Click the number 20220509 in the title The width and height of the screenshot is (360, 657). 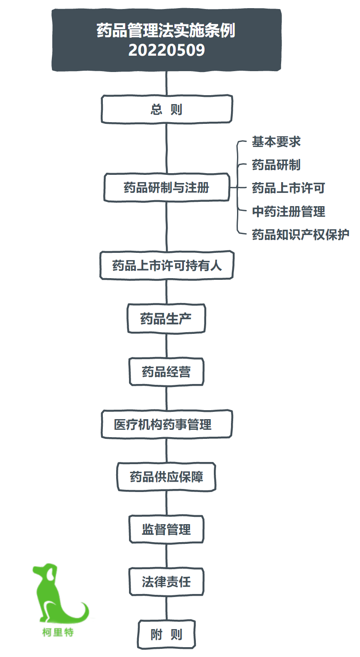click(x=166, y=50)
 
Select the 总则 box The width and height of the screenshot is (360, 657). click(x=167, y=109)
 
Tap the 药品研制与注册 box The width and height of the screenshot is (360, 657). click(x=167, y=187)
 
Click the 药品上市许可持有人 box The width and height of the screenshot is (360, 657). click(x=167, y=265)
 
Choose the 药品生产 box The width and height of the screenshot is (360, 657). click(x=166, y=318)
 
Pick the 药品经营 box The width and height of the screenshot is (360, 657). click(x=166, y=372)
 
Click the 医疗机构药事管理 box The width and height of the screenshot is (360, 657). click(x=167, y=424)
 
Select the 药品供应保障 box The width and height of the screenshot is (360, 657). click(x=166, y=477)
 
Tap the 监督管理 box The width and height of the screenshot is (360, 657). click(x=166, y=529)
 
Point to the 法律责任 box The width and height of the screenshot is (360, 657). click(x=166, y=582)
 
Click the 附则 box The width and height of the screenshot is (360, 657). click(x=166, y=634)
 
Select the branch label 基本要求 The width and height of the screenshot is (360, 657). click(x=276, y=142)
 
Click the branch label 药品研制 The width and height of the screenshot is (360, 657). click(x=276, y=165)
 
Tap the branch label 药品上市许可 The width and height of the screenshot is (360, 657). click(x=288, y=188)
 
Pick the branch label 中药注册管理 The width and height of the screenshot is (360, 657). click(x=288, y=211)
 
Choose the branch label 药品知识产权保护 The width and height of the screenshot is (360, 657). click(x=300, y=235)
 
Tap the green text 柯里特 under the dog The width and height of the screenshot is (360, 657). click(x=58, y=632)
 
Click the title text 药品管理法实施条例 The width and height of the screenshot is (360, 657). click(x=166, y=30)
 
